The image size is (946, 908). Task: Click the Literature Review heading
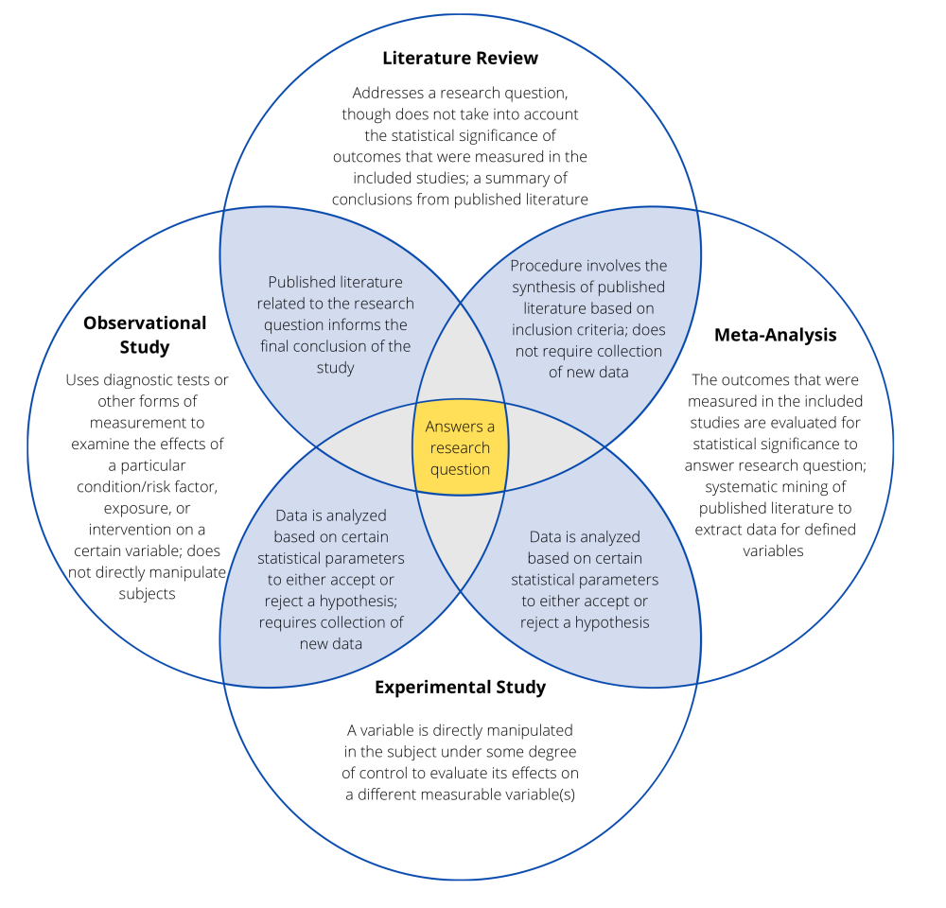pyautogui.click(x=460, y=59)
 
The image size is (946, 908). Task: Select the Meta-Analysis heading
pyautogui.click(x=775, y=335)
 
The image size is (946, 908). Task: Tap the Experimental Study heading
pyautogui.click(x=460, y=687)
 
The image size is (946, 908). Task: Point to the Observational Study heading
pyautogui.click(x=144, y=334)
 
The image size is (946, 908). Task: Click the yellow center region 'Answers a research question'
pyautogui.click(x=460, y=447)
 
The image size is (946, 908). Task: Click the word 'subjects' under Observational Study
pyautogui.click(x=147, y=593)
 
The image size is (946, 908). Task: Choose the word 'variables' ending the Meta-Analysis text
pyautogui.click(x=773, y=550)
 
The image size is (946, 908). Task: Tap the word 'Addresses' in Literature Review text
pyautogui.click(x=387, y=94)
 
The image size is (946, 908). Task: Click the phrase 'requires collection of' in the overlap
pyautogui.click(x=331, y=622)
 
